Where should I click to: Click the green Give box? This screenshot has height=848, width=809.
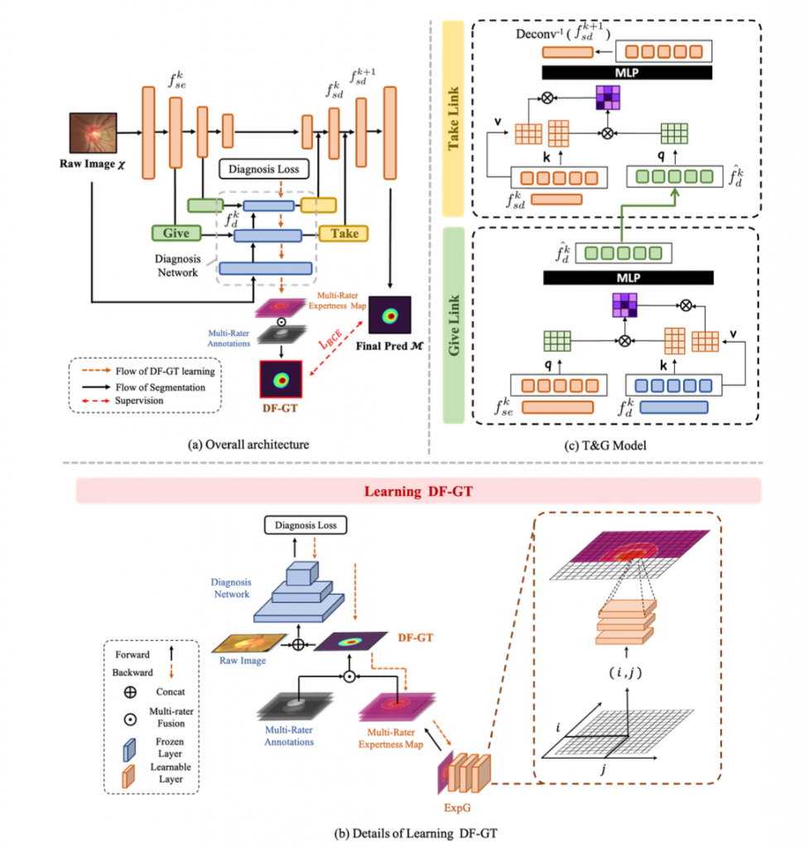pos(176,234)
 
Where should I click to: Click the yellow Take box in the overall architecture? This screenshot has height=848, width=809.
pos(344,234)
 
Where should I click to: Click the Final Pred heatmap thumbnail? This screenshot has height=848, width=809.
pos(389,316)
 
